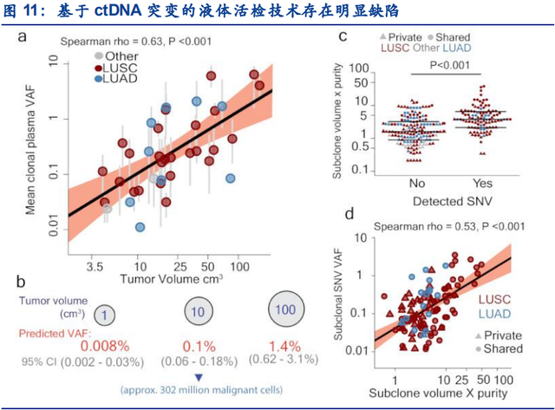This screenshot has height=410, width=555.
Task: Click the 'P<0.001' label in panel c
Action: click(449, 66)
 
